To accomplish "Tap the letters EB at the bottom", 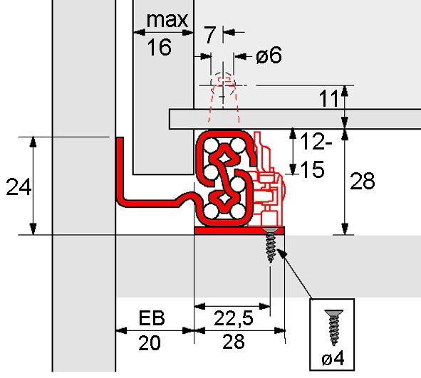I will tap(153, 317).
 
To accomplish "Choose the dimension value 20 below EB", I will tap(149, 344).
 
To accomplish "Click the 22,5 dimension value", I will tap(232, 317).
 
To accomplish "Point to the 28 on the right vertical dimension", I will tap(363, 182).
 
